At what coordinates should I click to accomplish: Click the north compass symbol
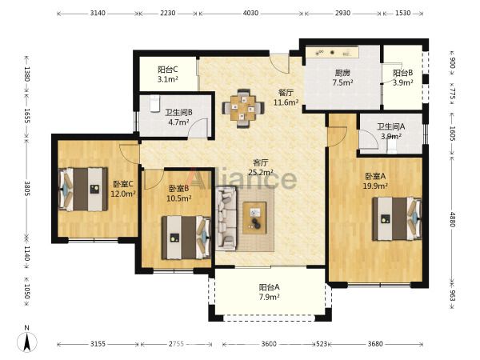click(27, 340)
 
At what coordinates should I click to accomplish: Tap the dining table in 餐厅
click(243, 108)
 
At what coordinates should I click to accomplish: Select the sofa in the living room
click(226, 218)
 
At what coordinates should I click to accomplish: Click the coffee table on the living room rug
click(254, 218)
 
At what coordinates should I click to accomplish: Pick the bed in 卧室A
click(397, 218)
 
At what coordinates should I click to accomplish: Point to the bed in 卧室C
click(83, 189)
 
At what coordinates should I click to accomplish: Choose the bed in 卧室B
click(186, 238)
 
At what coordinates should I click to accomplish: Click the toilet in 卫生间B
click(155, 103)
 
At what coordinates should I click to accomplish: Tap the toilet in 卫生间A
click(391, 148)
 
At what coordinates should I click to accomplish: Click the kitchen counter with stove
click(333, 52)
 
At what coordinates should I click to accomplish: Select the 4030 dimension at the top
click(250, 13)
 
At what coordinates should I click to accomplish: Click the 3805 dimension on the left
click(27, 189)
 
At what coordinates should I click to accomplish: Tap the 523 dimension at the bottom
click(321, 344)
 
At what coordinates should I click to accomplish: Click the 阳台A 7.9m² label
click(269, 292)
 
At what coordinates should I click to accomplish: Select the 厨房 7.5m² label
click(342, 78)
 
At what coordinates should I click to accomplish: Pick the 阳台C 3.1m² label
click(168, 74)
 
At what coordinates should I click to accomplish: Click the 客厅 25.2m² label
click(261, 167)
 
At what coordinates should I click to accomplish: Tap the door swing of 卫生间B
click(198, 128)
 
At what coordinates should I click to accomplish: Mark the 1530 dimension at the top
click(403, 13)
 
